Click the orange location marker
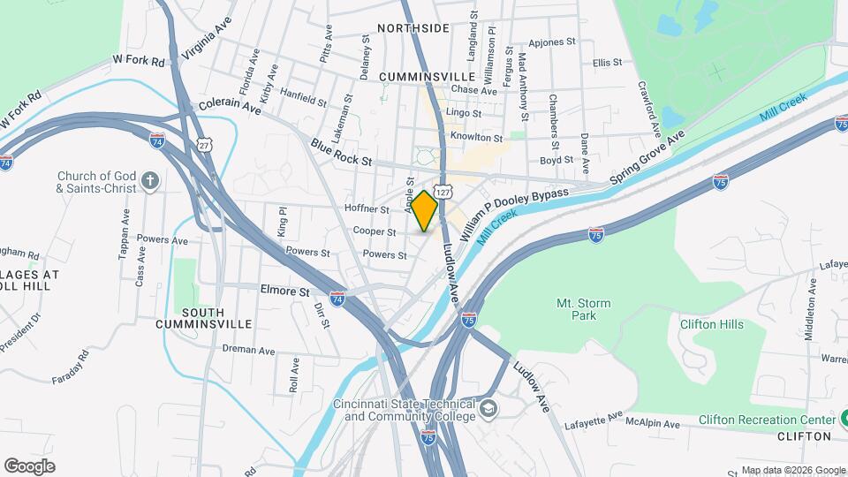click(425, 211)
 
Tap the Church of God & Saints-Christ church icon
click(150, 181)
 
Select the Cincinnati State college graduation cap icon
click(488, 409)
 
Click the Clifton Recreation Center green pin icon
click(840, 420)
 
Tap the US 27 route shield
click(205, 144)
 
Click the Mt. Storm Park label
click(583, 309)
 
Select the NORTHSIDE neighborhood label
click(413, 28)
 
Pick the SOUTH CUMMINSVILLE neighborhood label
click(202, 318)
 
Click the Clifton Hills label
click(711, 324)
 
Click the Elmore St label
click(285, 290)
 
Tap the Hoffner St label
click(367, 209)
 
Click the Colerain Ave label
click(231, 105)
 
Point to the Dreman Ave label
click(249, 350)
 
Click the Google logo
click(29, 466)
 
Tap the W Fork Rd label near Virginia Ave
click(140, 62)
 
